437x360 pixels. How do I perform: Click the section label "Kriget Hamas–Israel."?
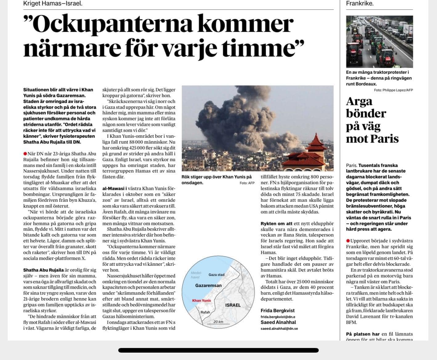53,4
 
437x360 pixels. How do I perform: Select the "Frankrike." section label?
360,4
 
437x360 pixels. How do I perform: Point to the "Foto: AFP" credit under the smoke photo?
247,183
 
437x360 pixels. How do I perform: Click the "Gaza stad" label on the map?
216,274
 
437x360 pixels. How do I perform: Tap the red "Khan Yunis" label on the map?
201,300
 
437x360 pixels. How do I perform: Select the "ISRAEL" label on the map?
233,305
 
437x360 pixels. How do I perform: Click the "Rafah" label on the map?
205,312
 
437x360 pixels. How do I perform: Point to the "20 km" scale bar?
218,322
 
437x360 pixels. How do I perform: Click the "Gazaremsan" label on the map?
208,286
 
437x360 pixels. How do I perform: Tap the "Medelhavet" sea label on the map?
196,275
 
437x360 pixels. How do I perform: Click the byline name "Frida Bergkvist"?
277,310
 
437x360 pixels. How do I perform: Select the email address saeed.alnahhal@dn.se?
279,328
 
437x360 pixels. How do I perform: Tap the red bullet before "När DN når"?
25,153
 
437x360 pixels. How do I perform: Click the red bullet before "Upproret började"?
348,241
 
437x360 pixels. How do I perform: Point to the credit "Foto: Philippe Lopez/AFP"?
393,90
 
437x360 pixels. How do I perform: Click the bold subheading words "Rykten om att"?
277,223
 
